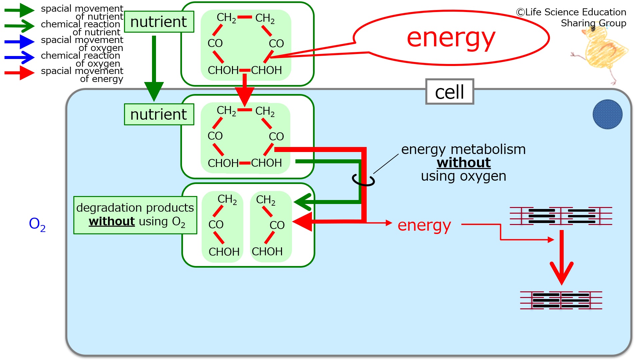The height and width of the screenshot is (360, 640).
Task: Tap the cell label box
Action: [x=450, y=92]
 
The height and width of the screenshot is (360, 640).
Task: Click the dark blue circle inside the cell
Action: [x=607, y=114]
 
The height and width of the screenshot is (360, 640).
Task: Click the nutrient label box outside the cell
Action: [x=159, y=22]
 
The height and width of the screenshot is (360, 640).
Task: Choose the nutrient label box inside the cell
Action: [x=159, y=114]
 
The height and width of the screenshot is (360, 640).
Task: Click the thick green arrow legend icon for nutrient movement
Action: [x=19, y=10]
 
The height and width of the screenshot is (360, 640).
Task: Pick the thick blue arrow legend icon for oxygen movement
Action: [x=19, y=42]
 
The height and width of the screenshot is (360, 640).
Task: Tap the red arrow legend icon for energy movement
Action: [x=19, y=73]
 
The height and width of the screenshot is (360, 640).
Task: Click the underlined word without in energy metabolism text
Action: [x=464, y=163]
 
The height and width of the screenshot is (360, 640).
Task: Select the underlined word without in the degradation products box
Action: [x=112, y=221]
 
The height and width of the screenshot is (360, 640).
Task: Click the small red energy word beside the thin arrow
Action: [x=424, y=226]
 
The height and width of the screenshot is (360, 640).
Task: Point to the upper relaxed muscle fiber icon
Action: [x=561, y=216]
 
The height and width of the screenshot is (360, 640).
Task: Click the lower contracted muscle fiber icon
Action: [x=561, y=300]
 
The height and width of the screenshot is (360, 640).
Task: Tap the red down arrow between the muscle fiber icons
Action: [x=562, y=257]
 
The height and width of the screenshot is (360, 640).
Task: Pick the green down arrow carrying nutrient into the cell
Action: [x=154, y=68]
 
